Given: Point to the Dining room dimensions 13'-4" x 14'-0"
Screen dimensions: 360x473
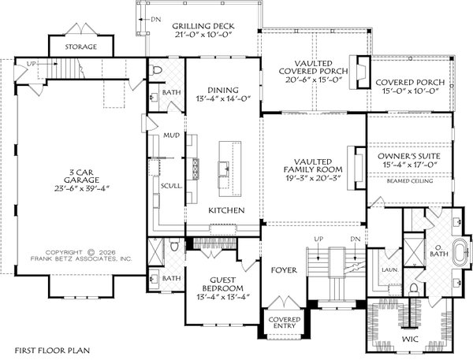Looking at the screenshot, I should point(223,99).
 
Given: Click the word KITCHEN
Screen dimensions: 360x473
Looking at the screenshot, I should point(225,210).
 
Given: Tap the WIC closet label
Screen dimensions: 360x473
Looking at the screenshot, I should point(410,340).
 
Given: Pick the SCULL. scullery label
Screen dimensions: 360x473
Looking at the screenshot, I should point(171,186).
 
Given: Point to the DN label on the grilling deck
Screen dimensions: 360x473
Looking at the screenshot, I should point(156,17).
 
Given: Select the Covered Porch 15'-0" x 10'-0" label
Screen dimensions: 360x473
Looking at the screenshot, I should point(410,87).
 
